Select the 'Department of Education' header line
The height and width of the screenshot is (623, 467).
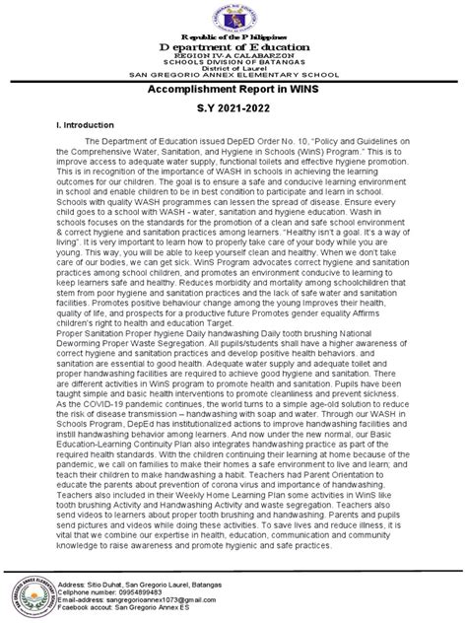(x=233, y=48)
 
